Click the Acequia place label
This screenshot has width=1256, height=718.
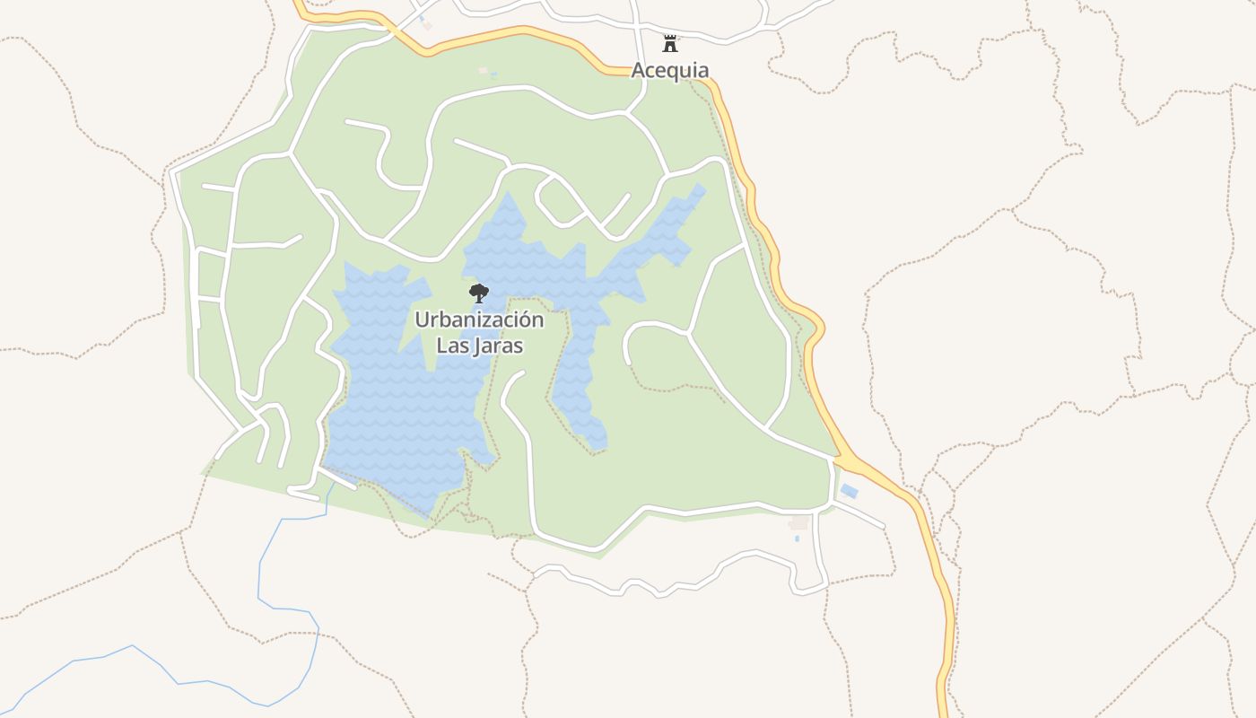pyautogui.click(x=670, y=70)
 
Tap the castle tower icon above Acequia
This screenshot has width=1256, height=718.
pyautogui.click(x=669, y=42)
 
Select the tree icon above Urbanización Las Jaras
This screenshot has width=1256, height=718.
pyautogui.click(x=479, y=292)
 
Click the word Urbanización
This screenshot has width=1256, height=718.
pyautogui.click(x=479, y=320)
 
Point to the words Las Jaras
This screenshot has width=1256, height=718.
pyautogui.click(x=479, y=346)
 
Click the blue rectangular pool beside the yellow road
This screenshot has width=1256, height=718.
pyautogui.click(x=849, y=491)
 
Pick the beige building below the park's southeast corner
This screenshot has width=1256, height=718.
pyautogui.click(x=798, y=522)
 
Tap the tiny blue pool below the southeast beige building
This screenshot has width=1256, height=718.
pyautogui.click(x=796, y=538)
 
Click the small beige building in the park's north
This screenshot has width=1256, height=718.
pyautogui.click(x=483, y=70)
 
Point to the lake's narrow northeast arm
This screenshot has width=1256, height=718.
pyautogui.click(x=673, y=224)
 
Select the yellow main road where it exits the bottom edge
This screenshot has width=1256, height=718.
pyautogui.click(x=943, y=705)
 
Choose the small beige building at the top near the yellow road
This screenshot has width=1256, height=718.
pyautogui.click(x=427, y=25)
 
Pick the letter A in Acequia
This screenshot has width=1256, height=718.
pyautogui.click(x=639, y=70)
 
